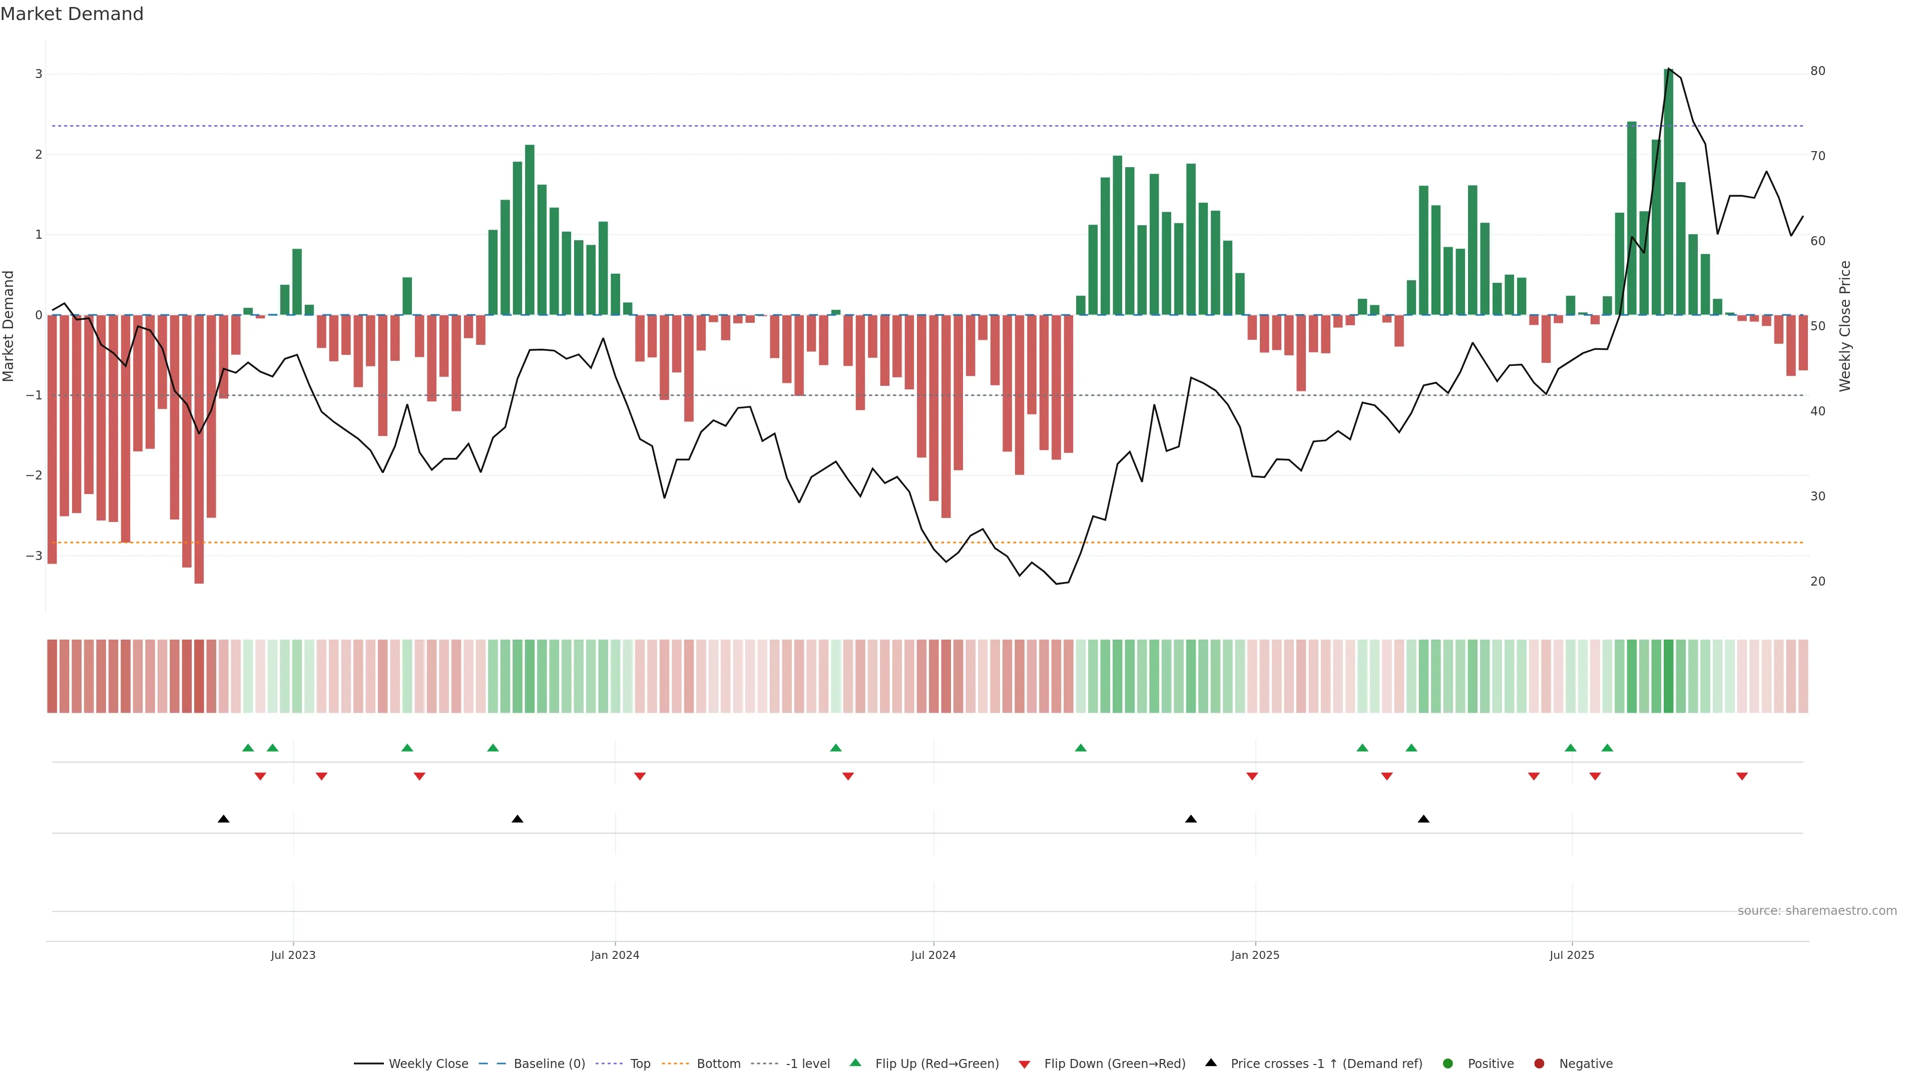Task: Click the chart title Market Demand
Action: click(72, 14)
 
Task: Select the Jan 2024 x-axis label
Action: click(615, 955)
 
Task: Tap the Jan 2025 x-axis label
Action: click(1255, 955)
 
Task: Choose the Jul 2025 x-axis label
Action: click(1571, 955)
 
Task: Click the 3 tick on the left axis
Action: click(38, 74)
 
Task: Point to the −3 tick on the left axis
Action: click(35, 556)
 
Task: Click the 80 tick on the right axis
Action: click(1817, 71)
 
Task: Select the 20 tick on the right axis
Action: click(1817, 581)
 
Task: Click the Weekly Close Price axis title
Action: click(1845, 326)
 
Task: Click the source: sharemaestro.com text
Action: click(1817, 911)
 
